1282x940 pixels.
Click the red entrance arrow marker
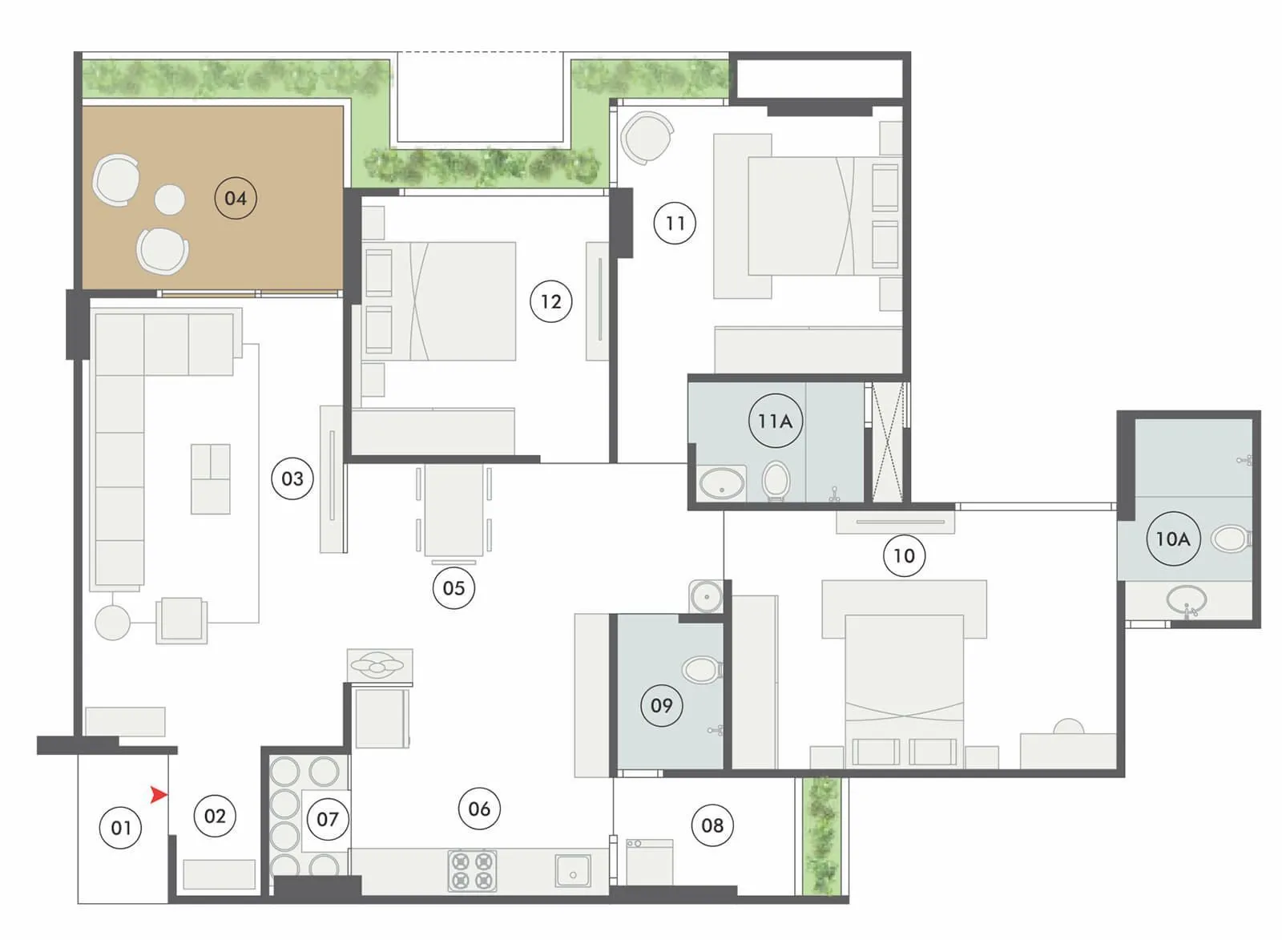tap(159, 794)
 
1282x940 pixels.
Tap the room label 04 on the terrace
tap(236, 198)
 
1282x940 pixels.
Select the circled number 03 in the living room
tap(292, 478)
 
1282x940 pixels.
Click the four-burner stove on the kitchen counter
tap(472, 871)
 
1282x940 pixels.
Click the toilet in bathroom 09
tap(702, 670)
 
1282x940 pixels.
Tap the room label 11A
tap(775, 421)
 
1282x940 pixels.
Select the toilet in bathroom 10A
tap(1231, 539)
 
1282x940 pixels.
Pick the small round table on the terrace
tap(169, 200)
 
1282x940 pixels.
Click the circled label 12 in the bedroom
tap(550, 301)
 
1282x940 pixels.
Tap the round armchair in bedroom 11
tap(647, 138)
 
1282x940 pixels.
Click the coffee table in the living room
tap(211, 479)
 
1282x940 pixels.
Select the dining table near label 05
tap(454, 510)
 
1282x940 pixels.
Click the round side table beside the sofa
tap(112, 622)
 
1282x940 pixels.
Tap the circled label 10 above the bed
tap(904, 555)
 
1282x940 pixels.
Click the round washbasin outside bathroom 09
tap(706, 597)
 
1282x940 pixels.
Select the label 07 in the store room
tap(327, 819)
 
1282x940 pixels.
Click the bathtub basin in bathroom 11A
tap(722, 483)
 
